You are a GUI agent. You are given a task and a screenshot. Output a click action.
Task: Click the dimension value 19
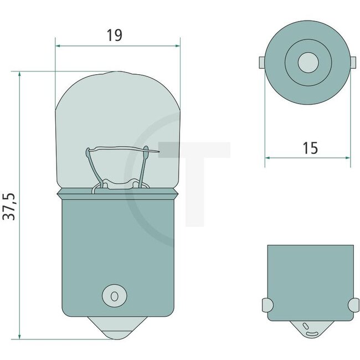click(x=114, y=35)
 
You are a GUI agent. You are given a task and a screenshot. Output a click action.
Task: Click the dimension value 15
click(x=310, y=148)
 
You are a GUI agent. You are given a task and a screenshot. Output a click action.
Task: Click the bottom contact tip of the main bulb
click(x=119, y=331)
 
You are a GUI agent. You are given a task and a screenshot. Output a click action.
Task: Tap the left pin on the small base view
click(x=266, y=305)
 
